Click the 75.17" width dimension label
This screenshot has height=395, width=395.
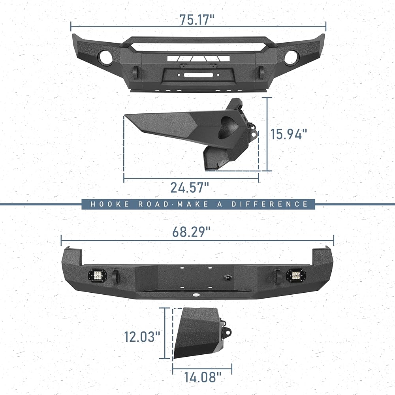tap(197, 20)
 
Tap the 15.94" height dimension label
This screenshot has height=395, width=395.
tap(289, 134)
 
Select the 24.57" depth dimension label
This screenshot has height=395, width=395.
tap(190, 187)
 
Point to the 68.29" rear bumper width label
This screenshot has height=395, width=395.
tap(191, 232)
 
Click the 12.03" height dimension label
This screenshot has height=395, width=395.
tap(142, 337)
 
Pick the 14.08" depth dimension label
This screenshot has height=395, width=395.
tap(203, 377)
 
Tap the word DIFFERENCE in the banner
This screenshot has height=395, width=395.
tap(269, 204)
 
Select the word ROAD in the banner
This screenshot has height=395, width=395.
tap(153, 204)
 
